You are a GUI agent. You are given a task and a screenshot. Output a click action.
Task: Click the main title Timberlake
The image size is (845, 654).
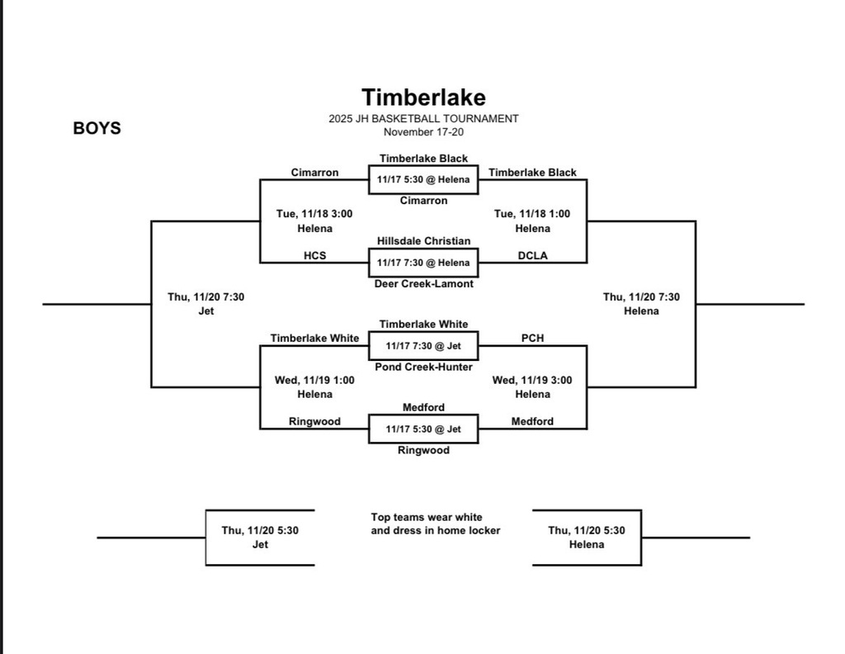(x=423, y=98)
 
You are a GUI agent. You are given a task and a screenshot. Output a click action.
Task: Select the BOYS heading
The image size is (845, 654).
(x=97, y=128)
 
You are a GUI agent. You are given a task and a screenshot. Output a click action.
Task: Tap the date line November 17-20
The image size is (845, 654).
(x=423, y=132)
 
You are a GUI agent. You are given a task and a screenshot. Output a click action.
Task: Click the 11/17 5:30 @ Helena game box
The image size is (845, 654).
(x=423, y=179)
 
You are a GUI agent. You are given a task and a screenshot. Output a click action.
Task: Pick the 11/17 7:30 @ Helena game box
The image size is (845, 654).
(x=423, y=263)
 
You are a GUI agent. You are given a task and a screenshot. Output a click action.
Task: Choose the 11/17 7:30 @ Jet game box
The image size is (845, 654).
(x=423, y=346)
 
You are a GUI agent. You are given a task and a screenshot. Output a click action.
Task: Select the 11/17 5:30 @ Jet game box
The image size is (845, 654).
(x=423, y=429)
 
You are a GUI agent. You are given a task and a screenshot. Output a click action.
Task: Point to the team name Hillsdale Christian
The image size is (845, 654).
(x=423, y=241)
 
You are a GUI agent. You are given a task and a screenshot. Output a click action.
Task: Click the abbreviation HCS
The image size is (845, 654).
(x=314, y=256)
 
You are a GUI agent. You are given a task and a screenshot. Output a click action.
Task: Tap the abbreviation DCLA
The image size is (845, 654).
(x=532, y=256)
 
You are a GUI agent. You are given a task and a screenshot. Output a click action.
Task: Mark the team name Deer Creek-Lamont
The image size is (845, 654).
(x=423, y=284)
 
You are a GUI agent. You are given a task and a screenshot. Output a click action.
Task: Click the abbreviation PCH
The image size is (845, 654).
(x=532, y=338)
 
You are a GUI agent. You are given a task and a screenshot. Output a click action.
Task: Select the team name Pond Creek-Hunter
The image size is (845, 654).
(x=423, y=366)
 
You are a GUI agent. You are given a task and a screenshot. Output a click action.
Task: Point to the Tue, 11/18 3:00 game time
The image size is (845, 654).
(x=314, y=214)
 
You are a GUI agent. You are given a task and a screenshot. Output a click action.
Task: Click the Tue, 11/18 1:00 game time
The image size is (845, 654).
(x=532, y=214)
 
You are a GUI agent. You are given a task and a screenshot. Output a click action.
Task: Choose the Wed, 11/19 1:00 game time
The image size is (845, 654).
(x=314, y=381)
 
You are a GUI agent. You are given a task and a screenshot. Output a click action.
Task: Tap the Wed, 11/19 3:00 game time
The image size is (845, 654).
(x=532, y=381)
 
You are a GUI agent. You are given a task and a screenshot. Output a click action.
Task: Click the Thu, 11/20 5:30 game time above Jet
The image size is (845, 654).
(x=260, y=530)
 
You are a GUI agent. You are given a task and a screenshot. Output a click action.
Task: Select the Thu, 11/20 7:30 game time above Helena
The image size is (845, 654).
(x=641, y=297)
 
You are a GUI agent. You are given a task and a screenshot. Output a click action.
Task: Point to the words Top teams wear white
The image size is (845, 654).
(x=427, y=517)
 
